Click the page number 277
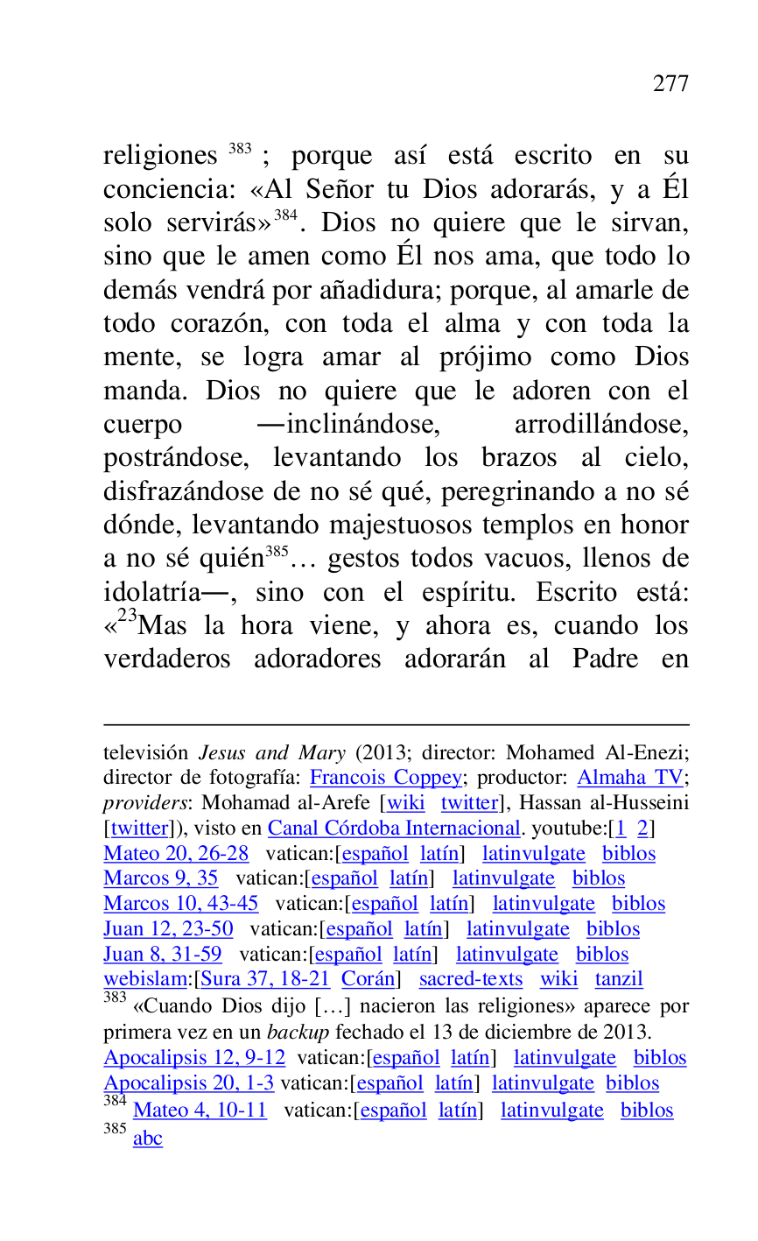(x=670, y=84)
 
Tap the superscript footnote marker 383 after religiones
(x=240, y=149)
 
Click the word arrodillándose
(x=600, y=425)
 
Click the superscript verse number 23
(x=128, y=616)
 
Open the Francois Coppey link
(x=386, y=778)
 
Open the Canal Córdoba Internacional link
(x=395, y=829)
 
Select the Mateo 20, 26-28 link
(x=176, y=854)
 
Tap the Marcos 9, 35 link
(x=161, y=878)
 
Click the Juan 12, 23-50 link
(x=168, y=929)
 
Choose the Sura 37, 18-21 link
(x=265, y=979)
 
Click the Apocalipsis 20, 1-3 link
(x=189, y=1083)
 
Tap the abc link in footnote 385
(x=148, y=1139)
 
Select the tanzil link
(x=619, y=979)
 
